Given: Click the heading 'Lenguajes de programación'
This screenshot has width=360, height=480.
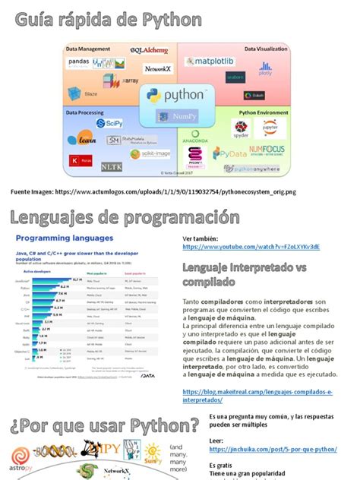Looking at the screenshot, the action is tap(119, 219).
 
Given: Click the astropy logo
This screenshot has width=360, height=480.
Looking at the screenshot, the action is tap(22, 456).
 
